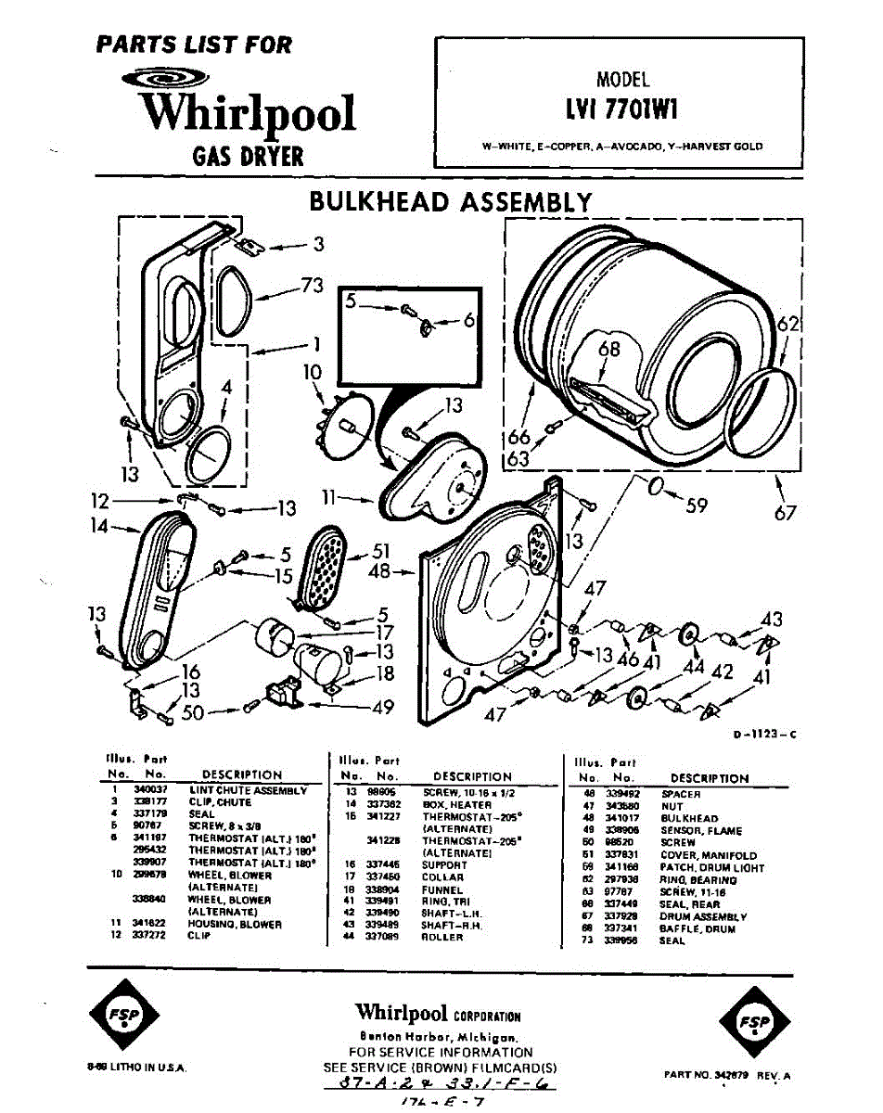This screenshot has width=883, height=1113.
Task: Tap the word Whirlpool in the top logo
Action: (x=249, y=113)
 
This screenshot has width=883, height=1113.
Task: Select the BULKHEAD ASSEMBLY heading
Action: (x=450, y=202)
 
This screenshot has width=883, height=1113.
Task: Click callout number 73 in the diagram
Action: (x=312, y=286)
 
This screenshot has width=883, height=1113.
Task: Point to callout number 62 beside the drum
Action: (x=788, y=326)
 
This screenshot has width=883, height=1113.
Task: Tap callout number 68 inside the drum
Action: (x=608, y=350)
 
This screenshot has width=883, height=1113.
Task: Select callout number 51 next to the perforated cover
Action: (x=381, y=550)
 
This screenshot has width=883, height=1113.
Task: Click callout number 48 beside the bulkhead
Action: (x=379, y=572)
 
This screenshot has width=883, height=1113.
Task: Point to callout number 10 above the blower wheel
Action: (x=312, y=373)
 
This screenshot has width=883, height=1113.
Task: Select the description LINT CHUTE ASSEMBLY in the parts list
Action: (x=248, y=790)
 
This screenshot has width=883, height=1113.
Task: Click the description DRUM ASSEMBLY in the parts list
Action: (x=703, y=916)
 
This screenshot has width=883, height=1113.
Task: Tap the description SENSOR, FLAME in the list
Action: (x=701, y=831)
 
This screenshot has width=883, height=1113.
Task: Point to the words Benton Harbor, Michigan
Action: (x=440, y=1036)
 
